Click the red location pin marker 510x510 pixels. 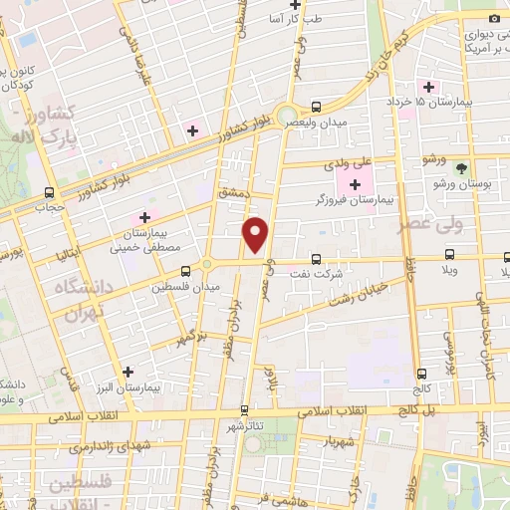click(x=257, y=233)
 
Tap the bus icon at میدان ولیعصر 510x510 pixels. click(x=316, y=107)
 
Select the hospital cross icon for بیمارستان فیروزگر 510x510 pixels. click(x=354, y=183)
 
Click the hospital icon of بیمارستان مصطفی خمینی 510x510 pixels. click(x=144, y=216)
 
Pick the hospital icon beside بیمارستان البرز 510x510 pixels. click(x=127, y=372)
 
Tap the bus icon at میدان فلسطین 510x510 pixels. click(x=185, y=270)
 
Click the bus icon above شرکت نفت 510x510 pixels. click(x=316, y=257)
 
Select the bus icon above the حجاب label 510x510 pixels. click(x=49, y=193)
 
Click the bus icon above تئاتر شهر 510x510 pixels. click(x=245, y=408)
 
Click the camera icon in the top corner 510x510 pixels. click(x=493, y=17)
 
